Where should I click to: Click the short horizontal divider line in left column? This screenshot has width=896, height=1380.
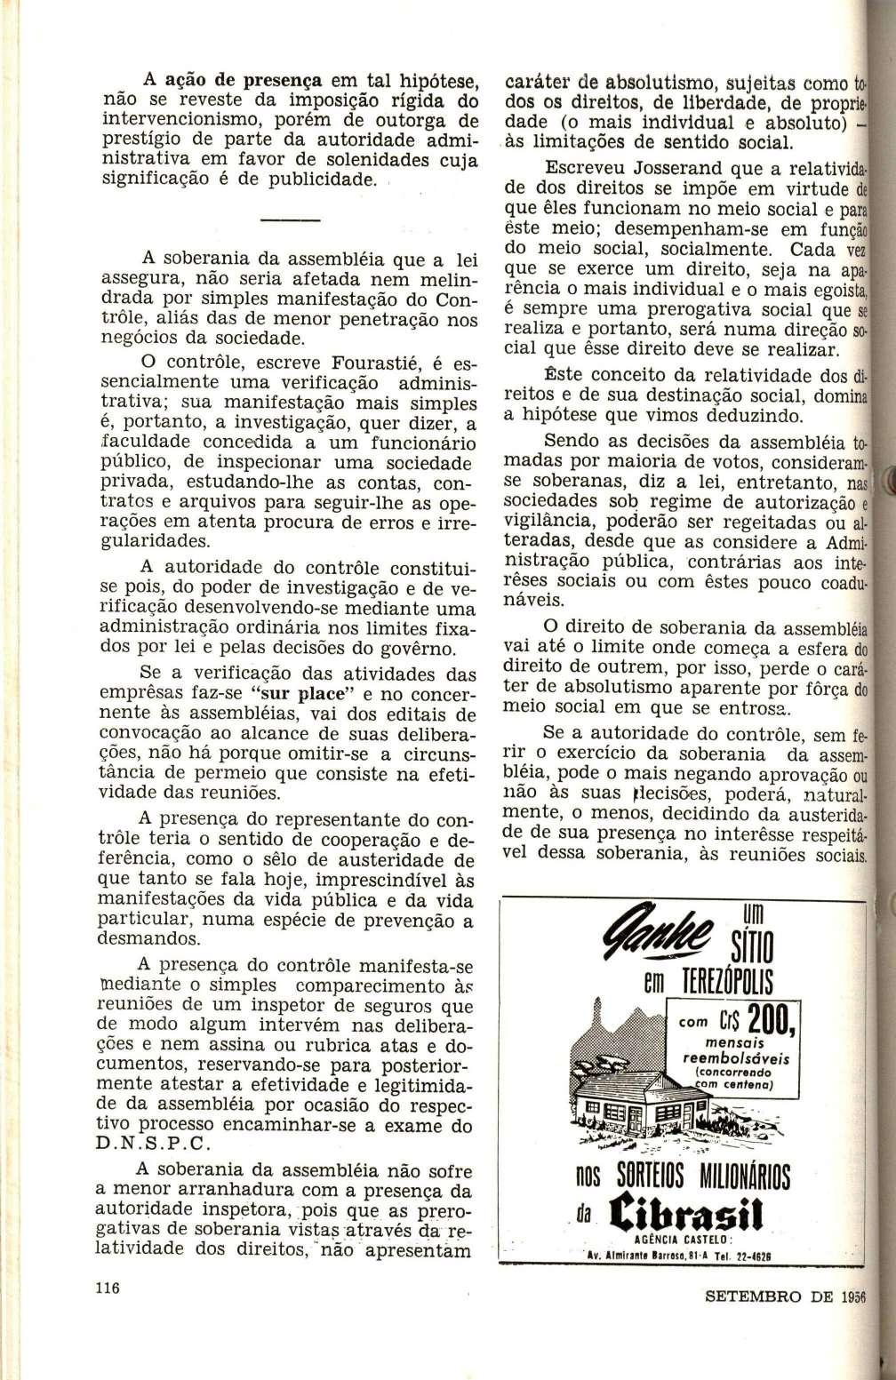click(x=290, y=219)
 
